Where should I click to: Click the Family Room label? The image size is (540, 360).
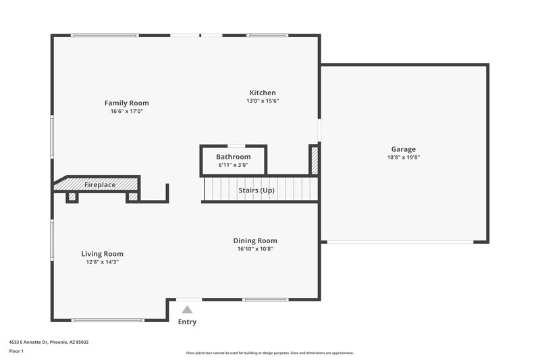[126, 103]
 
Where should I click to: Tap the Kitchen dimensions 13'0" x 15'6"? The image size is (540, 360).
[263, 101]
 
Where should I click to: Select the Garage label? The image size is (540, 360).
[404, 149]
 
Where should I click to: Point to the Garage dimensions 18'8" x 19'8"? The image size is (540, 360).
[404, 157]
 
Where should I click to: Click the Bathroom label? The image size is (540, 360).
[233, 157]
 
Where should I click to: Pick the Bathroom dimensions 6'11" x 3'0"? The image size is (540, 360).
[233, 165]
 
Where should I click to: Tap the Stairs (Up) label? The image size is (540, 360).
[256, 190]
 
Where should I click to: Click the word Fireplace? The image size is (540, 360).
[100, 185]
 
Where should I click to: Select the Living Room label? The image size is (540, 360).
[103, 254]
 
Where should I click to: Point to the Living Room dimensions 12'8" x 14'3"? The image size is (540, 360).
[103, 262]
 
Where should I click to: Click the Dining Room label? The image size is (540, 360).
[255, 240]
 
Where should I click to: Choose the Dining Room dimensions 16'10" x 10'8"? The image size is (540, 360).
[255, 249]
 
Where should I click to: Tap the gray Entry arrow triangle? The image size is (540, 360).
[188, 309]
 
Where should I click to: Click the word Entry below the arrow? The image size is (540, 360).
[187, 322]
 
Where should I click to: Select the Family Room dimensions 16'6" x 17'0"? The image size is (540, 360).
[126, 111]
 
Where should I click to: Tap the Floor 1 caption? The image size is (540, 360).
[16, 351]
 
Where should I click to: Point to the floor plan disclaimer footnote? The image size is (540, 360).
[269, 353]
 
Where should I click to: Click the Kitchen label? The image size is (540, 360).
[263, 93]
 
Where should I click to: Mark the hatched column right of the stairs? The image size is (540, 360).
[313, 160]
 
